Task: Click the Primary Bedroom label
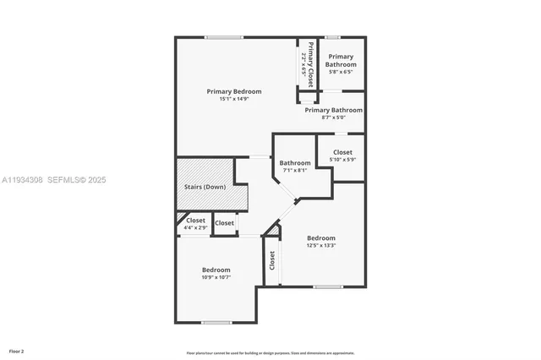(x=234, y=91)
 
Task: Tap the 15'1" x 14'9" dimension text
(x=234, y=99)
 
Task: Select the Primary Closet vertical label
(x=310, y=64)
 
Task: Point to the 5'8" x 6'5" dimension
(x=342, y=72)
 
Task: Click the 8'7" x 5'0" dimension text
(x=334, y=117)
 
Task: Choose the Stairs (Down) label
(x=205, y=186)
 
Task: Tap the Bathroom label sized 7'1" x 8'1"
(x=295, y=163)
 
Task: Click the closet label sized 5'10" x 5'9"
(x=342, y=152)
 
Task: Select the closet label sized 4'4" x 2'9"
(x=196, y=221)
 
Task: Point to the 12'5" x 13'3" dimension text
(x=321, y=246)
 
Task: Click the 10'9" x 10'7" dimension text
(x=216, y=277)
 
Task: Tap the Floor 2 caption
(x=17, y=351)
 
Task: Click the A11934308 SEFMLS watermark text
(x=54, y=180)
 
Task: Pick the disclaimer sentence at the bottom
(x=270, y=353)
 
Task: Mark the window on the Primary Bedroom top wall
(x=224, y=37)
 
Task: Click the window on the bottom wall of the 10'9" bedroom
(x=216, y=322)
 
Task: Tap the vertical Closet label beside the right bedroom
(x=272, y=260)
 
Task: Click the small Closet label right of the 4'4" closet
(x=225, y=223)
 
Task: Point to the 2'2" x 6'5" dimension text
(x=303, y=64)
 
